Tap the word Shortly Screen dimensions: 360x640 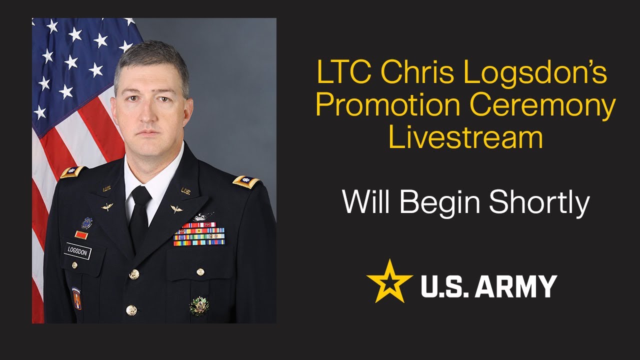[539, 203]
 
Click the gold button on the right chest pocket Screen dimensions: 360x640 [200, 271]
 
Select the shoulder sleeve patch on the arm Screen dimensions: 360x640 [76, 298]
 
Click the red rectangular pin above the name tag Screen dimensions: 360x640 [80, 234]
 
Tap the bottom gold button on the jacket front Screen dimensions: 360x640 [131, 310]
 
